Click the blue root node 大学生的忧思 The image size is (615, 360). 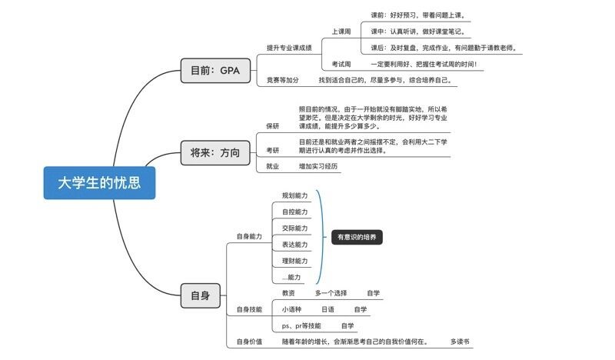tap(99, 183)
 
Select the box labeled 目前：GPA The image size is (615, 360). tap(215, 71)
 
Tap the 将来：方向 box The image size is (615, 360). tap(215, 153)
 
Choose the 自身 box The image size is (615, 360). tap(201, 295)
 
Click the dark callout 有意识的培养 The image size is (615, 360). tap(357, 237)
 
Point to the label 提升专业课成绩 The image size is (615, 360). tap(289, 48)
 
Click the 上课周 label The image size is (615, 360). tap(341, 32)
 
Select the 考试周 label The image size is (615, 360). tap(341, 64)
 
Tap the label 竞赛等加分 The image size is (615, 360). tap(282, 80)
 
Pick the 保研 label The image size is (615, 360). tap(273, 126)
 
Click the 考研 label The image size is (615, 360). tap(273, 150)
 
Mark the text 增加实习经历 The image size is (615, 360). tap(318, 166)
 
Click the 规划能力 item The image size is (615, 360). tap(295, 195)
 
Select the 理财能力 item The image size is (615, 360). tap(295, 261)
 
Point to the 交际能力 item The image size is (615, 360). tap(295, 228)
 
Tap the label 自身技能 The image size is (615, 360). tap(249, 309)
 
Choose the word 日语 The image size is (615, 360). tap(328, 309)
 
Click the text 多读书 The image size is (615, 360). tap(460, 342)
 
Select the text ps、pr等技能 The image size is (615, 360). tap(301, 326)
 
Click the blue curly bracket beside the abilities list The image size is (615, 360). tap(322, 237)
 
